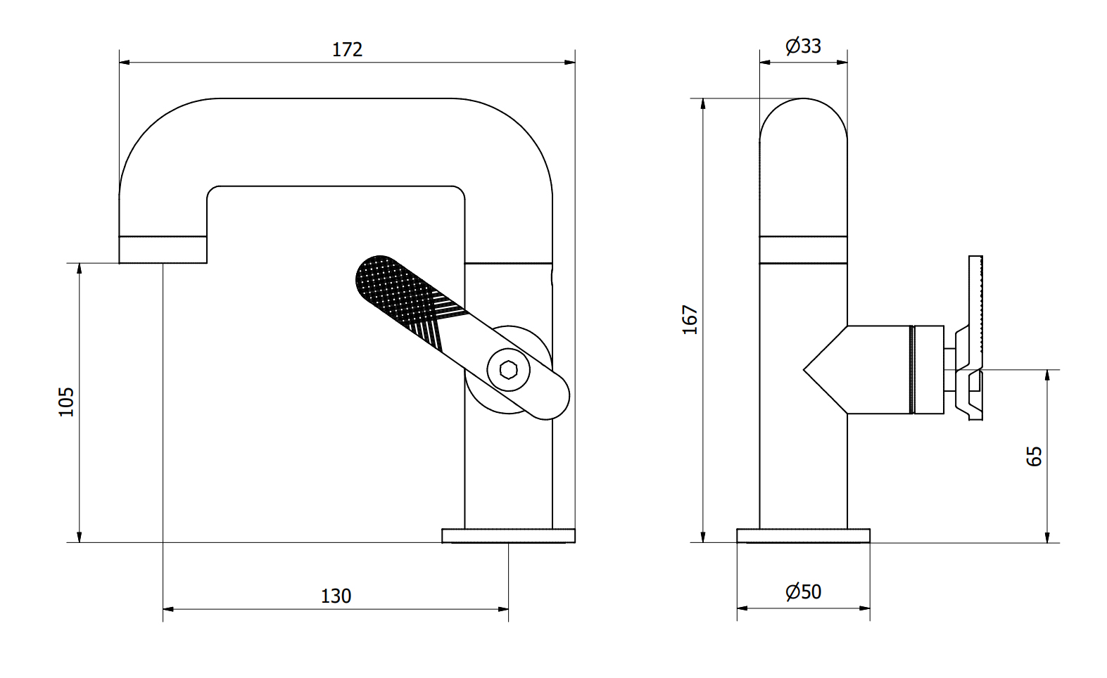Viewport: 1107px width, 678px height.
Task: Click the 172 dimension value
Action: pyautogui.click(x=347, y=49)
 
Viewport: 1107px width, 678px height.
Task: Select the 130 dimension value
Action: pyautogui.click(x=336, y=596)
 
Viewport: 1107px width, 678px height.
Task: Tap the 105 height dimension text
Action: pyautogui.click(x=66, y=402)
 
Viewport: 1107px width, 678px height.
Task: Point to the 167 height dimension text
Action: pyautogui.click(x=690, y=320)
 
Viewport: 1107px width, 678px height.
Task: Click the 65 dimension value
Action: pyautogui.click(x=1034, y=456)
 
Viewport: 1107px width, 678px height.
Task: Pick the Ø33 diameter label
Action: pyautogui.click(x=803, y=46)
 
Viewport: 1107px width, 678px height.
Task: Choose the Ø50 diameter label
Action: pyautogui.click(x=803, y=591)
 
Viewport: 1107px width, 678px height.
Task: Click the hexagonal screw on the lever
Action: pyautogui.click(x=509, y=369)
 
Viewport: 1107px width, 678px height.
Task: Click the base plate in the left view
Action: pyautogui.click(x=509, y=536)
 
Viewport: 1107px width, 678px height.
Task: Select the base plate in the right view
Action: pyautogui.click(x=803, y=536)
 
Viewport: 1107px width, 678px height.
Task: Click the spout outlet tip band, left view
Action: pyautogui.click(x=163, y=250)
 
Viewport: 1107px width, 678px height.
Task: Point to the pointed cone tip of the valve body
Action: pyautogui.click(x=804, y=369)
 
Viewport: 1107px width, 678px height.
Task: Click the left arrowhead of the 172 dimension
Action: pyautogui.click(x=125, y=62)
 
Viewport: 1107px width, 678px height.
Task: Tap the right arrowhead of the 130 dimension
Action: pyautogui.click(x=503, y=609)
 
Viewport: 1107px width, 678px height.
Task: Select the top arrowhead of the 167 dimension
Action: pyautogui.click(x=703, y=103)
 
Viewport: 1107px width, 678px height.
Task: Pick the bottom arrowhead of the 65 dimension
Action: pyautogui.click(x=1047, y=537)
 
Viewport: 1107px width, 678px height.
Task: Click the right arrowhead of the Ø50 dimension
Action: pyautogui.click(x=865, y=608)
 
